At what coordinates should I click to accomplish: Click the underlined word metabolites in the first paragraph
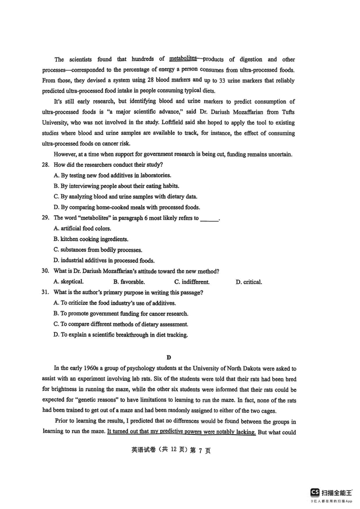tap(183, 58)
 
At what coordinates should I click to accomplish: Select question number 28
tap(45, 165)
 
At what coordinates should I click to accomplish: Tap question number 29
tap(45, 218)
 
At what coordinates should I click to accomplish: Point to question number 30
tap(45, 271)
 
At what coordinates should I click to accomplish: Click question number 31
tap(45, 293)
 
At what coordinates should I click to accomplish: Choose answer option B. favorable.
tap(129, 282)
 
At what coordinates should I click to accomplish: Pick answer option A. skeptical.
tap(68, 282)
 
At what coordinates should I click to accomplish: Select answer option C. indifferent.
tap(192, 282)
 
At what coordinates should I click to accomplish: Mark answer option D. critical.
tap(248, 282)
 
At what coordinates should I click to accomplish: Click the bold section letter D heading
tap(169, 357)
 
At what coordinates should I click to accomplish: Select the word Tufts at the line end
tap(286, 112)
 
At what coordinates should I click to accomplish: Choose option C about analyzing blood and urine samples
tap(125, 196)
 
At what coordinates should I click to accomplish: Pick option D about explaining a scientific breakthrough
tap(120, 335)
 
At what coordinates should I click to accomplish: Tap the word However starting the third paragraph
tap(68, 154)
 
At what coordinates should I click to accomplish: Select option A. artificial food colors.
tap(82, 228)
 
